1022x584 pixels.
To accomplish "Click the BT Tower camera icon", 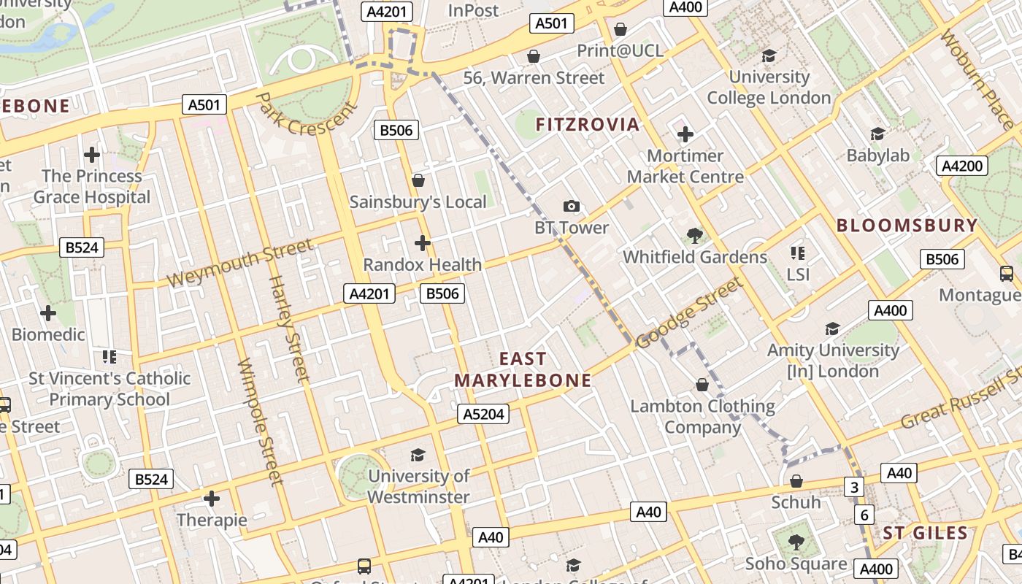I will point(572,207).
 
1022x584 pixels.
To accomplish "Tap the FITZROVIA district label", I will point(588,125).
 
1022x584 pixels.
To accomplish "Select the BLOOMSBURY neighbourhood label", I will point(907,226).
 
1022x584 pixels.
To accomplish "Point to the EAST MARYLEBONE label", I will point(523,369).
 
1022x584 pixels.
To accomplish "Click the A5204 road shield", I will point(483,415).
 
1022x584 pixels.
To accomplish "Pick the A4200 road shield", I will point(961,166).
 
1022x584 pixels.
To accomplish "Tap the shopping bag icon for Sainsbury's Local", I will point(418,180).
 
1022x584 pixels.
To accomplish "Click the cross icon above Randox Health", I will point(422,243).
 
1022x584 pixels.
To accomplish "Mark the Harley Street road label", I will point(290,328).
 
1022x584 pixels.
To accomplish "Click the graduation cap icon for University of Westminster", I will point(418,456).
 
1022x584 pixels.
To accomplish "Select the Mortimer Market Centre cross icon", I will point(685,134).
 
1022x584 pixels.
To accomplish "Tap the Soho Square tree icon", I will point(796,542).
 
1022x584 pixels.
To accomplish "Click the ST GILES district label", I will point(925,533).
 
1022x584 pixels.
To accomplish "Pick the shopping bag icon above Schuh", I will point(796,481).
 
